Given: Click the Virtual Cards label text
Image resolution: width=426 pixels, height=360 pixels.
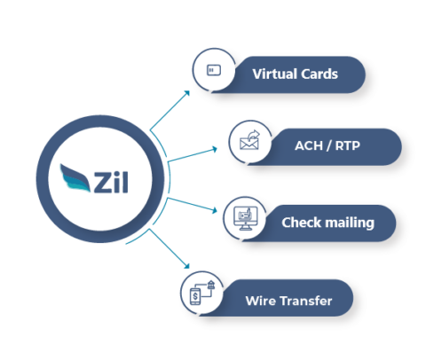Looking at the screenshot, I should [295, 74].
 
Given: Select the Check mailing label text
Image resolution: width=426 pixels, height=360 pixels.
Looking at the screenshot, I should [327, 222].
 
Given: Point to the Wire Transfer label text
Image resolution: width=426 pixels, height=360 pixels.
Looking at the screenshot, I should [288, 301].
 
